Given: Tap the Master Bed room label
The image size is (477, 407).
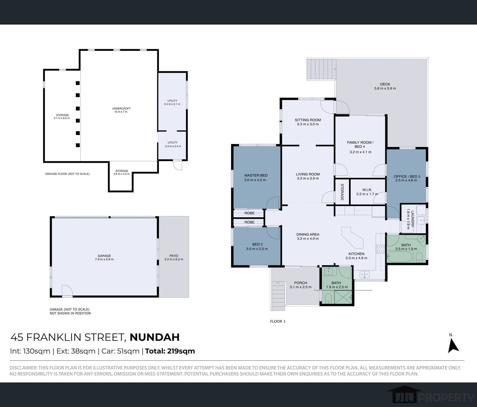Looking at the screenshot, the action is tap(256, 175).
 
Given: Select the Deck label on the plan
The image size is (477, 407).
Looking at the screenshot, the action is tap(385, 84).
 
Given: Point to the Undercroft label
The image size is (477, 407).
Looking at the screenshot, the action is tap(121, 108).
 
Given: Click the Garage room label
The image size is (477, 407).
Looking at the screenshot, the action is tap(104, 256).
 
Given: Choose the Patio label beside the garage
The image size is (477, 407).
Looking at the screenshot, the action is tap(174, 256).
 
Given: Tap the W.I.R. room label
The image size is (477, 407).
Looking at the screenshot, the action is tap(367, 190).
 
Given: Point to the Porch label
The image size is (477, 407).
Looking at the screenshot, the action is tap(300, 283).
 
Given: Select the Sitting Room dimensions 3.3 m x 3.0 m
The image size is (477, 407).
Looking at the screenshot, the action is tap(308, 124).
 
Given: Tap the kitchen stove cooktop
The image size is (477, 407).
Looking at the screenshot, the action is tap(380, 249).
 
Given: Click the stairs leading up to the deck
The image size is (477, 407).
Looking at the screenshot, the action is tap(321, 69).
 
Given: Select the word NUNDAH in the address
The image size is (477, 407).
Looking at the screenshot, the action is tap(155, 337).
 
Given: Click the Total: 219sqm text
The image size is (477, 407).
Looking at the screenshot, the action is tap(170, 351).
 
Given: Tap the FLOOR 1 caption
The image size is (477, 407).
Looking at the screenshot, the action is tap(278, 321).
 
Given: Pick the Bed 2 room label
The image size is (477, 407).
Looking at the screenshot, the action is tap(257, 244).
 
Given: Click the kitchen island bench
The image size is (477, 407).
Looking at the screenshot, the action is tap(352, 237).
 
